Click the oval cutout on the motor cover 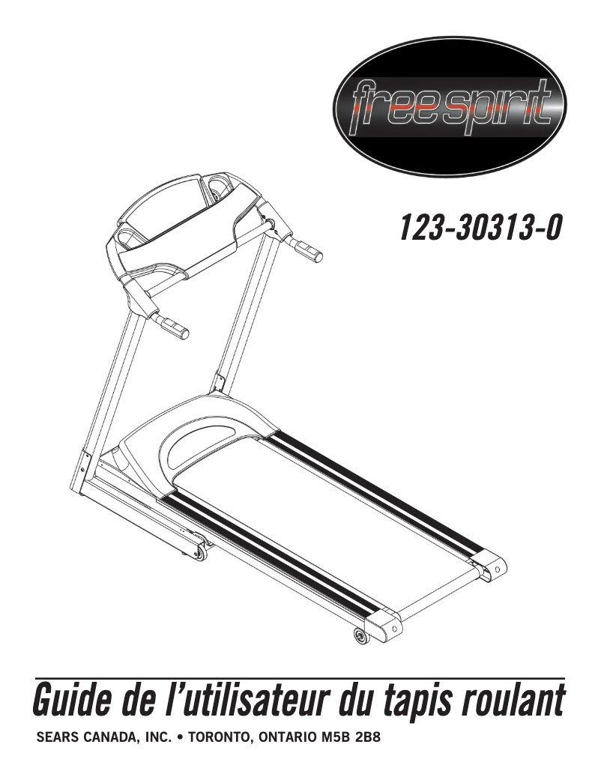(199, 445)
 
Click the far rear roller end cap (492, 567)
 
